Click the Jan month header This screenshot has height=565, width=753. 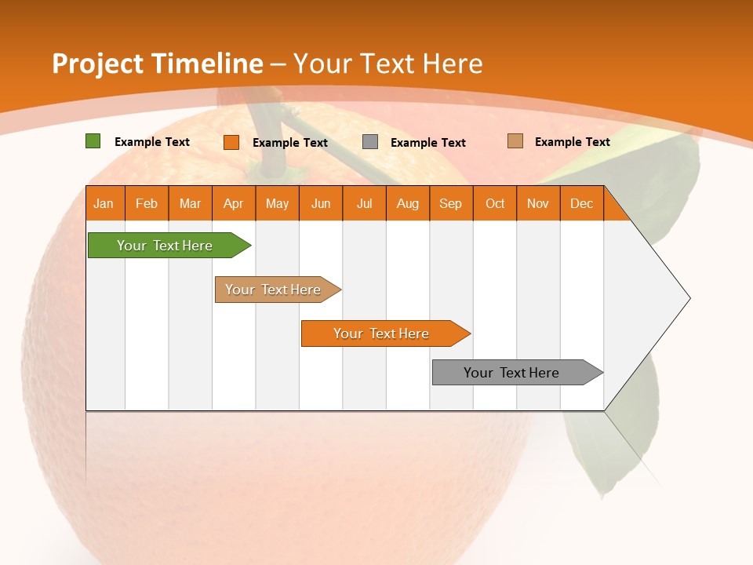click(x=104, y=203)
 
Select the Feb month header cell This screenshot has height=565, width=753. click(x=147, y=203)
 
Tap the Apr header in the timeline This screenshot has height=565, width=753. click(x=234, y=203)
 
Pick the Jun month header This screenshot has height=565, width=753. click(x=321, y=203)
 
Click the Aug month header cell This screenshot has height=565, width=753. click(x=408, y=203)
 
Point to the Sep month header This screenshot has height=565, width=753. click(x=451, y=203)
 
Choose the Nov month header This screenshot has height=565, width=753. click(x=538, y=203)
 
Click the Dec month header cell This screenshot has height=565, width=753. click(x=582, y=203)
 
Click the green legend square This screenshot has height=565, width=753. click(x=93, y=141)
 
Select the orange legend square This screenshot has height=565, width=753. click(x=231, y=142)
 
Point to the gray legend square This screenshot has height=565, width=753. click(x=370, y=141)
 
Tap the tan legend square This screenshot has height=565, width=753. click(x=515, y=141)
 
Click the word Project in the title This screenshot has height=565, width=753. click(x=96, y=64)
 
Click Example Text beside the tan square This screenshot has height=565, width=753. click(x=572, y=141)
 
